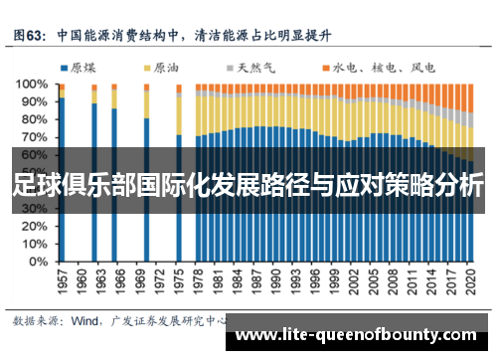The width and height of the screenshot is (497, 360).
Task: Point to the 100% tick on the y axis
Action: click(x=34, y=86)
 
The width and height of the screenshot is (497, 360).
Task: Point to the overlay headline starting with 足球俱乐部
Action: click(x=248, y=186)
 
